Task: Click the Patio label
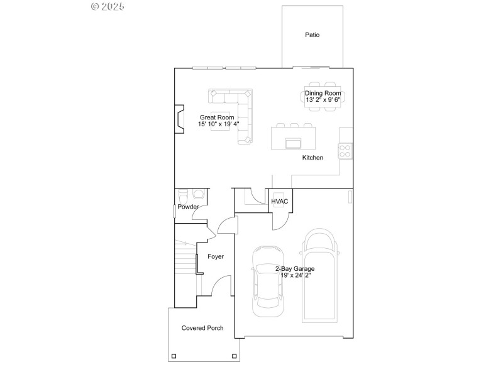tap(312, 35)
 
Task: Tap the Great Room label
tap(217, 117)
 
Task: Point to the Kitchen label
tap(312, 158)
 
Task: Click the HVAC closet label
tap(280, 202)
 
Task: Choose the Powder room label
tap(188, 207)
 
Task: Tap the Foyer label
tap(216, 256)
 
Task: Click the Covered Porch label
tap(202, 328)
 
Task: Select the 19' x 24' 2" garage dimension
tap(294, 275)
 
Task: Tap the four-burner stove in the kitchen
tap(345, 150)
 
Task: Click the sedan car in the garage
tap(267, 280)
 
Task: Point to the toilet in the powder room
tap(184, 194)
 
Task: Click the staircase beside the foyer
tap(185, 261)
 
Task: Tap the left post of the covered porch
tap(174, 356)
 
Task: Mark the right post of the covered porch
tap(234, 356)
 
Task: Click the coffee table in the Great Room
tap(220, 117)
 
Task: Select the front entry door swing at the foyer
tap(219, 287)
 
